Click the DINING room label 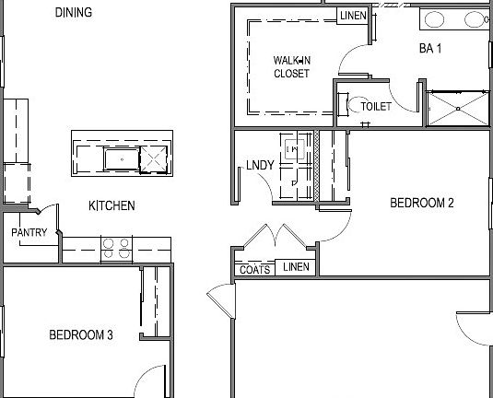(x=73, y=13)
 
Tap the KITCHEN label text (x=112, y=206)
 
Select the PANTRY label (x=29, y=233)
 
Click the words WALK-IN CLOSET (x=291, y=67)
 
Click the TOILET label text (x=375, y=107)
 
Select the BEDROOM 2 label (x=421, y=204)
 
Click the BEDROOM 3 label (x=80, y=335)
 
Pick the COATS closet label (x=255, y=268)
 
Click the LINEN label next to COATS (x=296, y=267)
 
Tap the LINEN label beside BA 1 (x=353, y=16)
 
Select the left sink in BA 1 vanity (x=434, y=18)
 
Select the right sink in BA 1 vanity (x=475, y=18)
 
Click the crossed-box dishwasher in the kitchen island (x=153, y=160)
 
